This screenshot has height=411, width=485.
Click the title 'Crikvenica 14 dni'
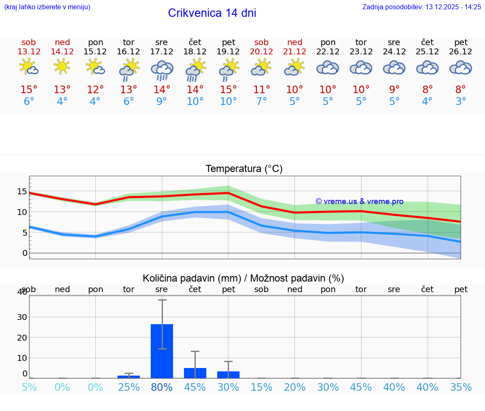pos(212,13)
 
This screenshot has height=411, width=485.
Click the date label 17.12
pos(162,52)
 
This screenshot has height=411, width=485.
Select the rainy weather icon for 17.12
pos(162,70)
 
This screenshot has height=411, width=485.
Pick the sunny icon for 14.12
pos(62,67)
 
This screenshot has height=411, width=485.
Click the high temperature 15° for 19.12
pos(228,90)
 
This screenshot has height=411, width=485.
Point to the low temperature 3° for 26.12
pos(461,102)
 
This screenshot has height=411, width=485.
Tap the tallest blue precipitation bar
pos(162,351)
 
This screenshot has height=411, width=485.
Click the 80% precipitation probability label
pos(162,387)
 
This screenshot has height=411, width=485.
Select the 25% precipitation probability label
pos(128,387)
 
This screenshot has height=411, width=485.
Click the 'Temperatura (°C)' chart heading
pos(244,169)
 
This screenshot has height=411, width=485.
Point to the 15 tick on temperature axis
pos(22,191)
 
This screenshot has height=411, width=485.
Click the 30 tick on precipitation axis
pos(22,317)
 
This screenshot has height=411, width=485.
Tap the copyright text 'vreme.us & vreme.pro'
pos(359,201)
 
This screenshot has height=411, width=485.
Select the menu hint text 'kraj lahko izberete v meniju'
pos(47,7)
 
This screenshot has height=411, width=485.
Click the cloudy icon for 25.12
pos(427,68)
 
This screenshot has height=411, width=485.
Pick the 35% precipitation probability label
pos(461,387)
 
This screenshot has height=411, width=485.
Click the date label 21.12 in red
pos(295,52)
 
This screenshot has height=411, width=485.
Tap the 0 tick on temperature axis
pos(24,253)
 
